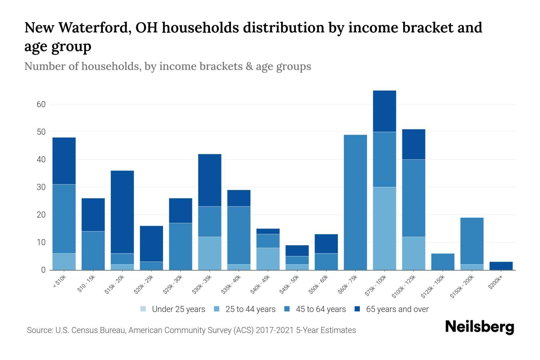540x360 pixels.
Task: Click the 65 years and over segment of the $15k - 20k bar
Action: click(x=122, y=212)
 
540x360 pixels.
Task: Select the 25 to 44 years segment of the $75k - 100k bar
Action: click(x=384, y=229)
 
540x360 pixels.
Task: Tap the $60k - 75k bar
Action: click(x=355, y=202)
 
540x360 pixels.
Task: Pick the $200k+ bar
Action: click(x=501, y=266)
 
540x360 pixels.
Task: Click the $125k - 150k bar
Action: click(x=442, y=262)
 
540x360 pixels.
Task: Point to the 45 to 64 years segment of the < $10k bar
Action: click(x=64, y=219)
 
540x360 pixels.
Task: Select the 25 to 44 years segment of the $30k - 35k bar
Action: click(x=210, y=253)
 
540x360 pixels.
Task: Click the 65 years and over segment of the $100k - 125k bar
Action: click(x=413, y=144)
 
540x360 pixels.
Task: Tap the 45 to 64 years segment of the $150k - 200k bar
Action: click(x=472, y=241)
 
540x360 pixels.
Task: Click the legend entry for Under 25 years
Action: click(x=173, y=309)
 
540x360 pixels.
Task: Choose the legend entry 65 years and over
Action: click(x=391, y=309)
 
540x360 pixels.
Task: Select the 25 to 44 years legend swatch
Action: click(x=216, y=309)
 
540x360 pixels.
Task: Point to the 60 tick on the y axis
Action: click(x=41, y=104)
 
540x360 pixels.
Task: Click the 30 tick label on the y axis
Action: click(x=41, y=187)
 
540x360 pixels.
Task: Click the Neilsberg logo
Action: click(x=479, y=327)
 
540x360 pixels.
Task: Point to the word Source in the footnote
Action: click(x=40, y=330)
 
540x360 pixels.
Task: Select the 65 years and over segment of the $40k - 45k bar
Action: click(x=268, y=231)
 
